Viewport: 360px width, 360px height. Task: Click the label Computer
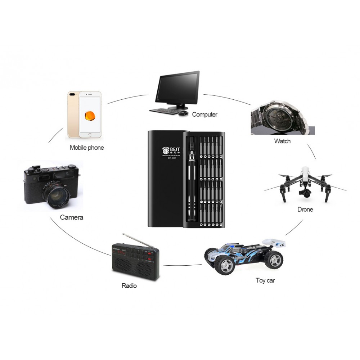coord(204,114)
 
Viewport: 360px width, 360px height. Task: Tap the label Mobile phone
coord(87,147)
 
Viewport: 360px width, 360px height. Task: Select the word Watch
coord(282,141)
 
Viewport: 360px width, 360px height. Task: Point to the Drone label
coord(305,209)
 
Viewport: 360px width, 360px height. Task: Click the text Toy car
coord(265,280)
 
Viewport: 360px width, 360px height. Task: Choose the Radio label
coord(129,285)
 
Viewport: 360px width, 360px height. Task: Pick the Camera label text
coord(72,217)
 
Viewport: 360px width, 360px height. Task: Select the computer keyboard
coord(164,111)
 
